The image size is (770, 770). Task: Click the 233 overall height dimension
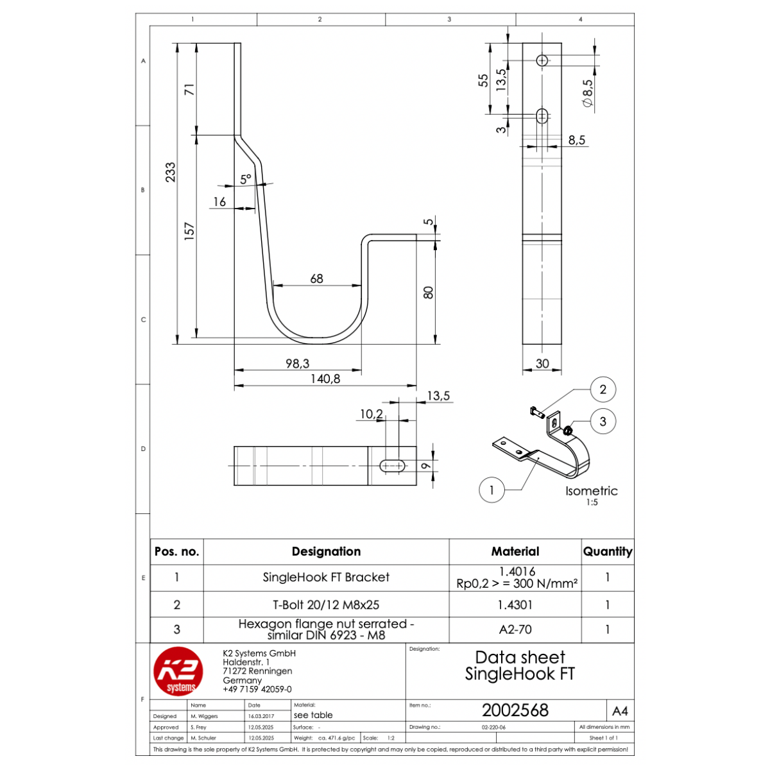(171, 172)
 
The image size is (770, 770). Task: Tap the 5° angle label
(246, 179)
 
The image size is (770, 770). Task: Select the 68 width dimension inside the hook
(316, 278)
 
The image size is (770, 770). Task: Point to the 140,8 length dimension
(325, 379)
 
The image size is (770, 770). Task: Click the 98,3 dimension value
(297, 363)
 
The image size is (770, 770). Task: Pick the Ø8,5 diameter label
(587, 93)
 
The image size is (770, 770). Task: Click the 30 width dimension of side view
(542, 363)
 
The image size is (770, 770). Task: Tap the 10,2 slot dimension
(372, 414)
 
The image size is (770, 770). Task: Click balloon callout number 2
(603, 389)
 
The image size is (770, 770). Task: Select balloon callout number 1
(492, 490)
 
